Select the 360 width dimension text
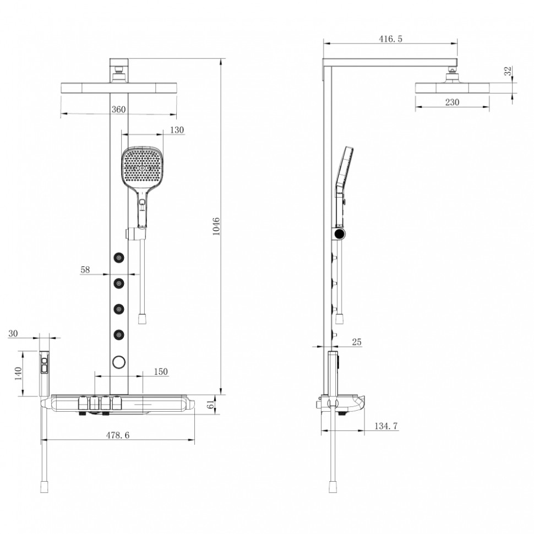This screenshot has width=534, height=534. pos(118,109)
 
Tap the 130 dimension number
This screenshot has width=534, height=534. pos(177,130)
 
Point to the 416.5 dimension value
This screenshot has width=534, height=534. pos(391,39)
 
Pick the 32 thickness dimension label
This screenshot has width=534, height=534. pos(508,71)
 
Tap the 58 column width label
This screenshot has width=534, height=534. pos(85,270)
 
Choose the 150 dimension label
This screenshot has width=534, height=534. pos(160,372)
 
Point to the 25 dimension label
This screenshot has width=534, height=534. pos(356,342)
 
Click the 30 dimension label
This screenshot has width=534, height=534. pos(14,333)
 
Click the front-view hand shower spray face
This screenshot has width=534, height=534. pos(143,166)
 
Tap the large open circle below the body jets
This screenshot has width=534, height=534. pos(119,362)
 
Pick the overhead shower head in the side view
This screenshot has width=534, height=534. pos(451,88)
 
